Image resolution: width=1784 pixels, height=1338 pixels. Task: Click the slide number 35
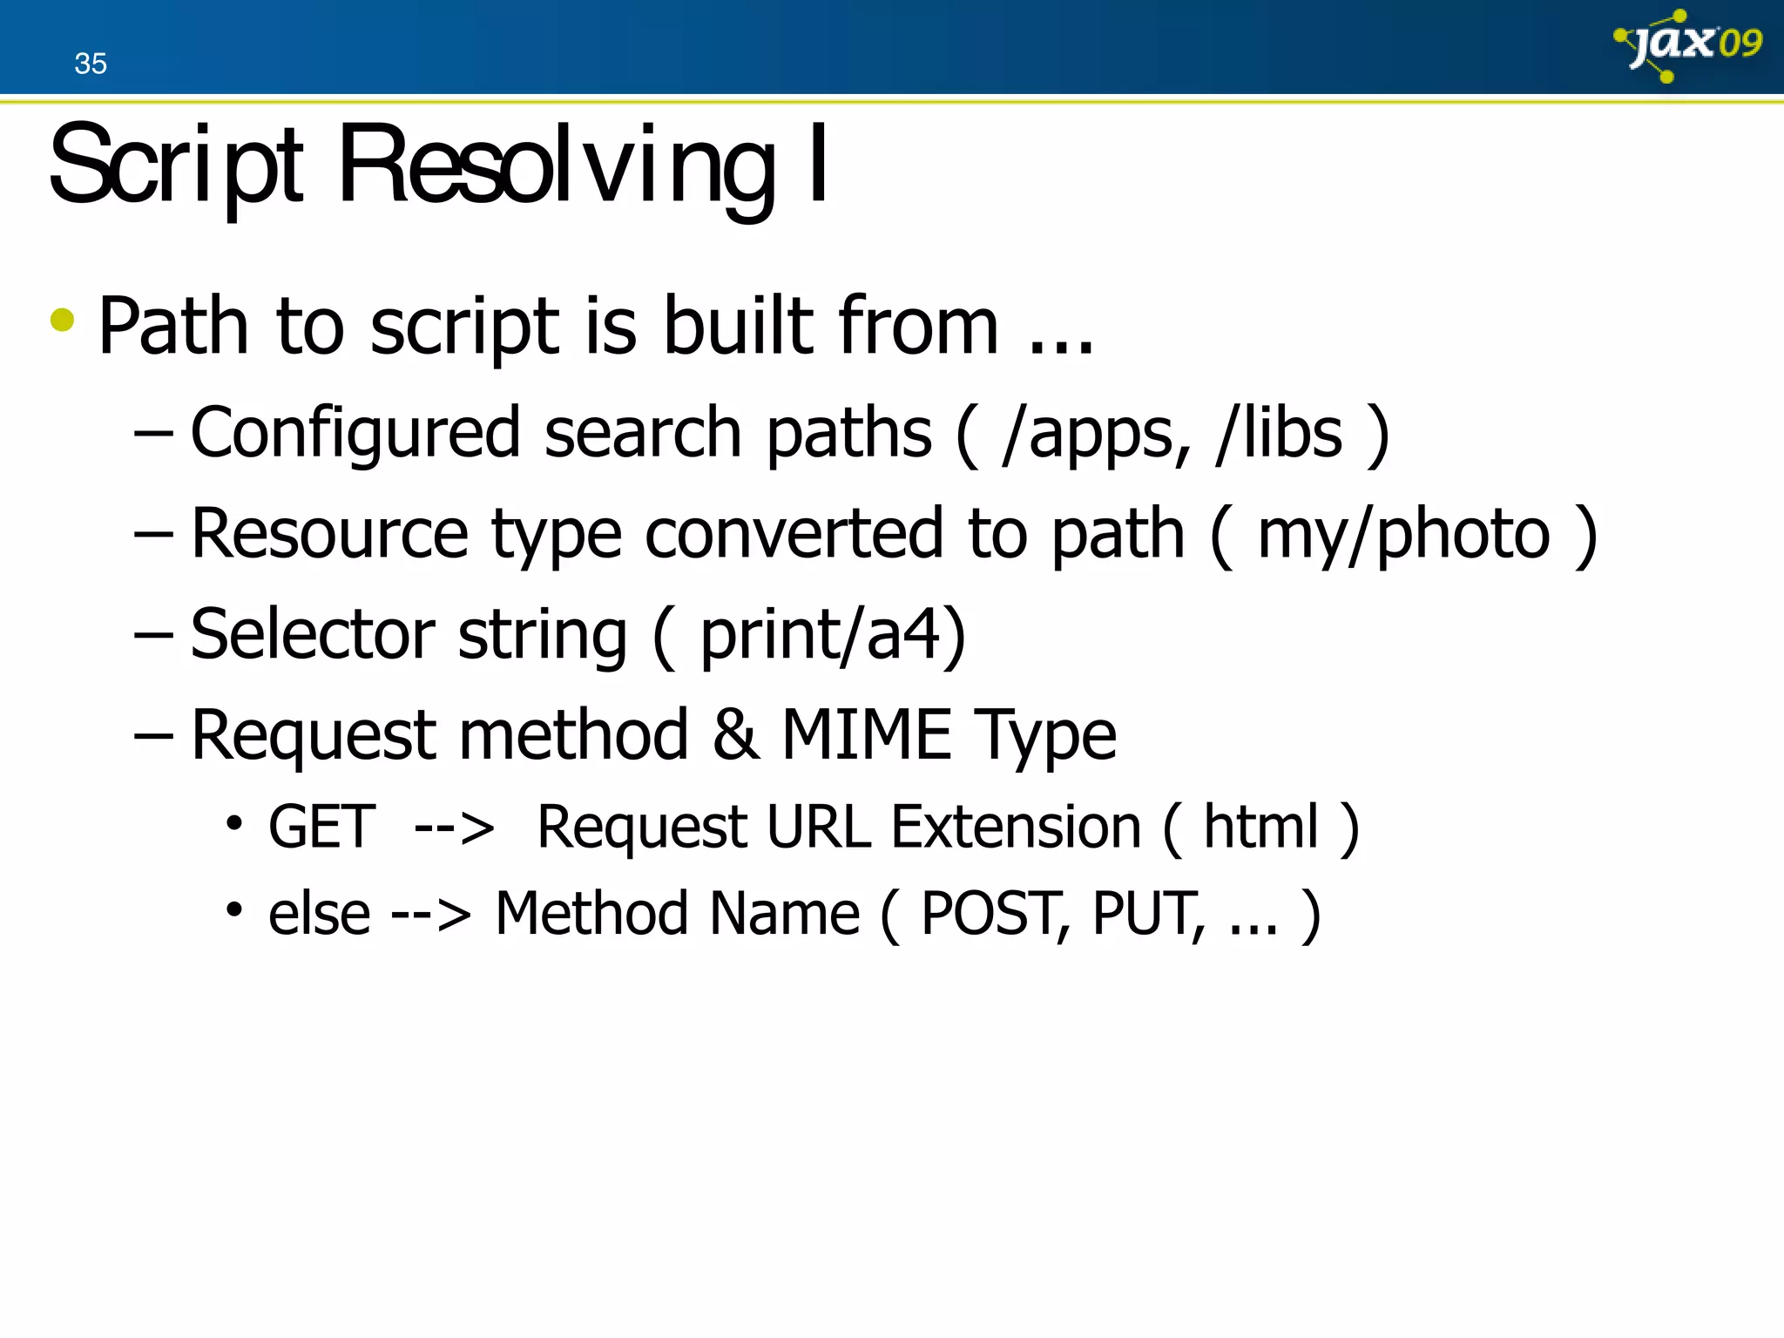click(91, 64)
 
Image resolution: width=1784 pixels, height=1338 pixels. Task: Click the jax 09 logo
click(1687, 45)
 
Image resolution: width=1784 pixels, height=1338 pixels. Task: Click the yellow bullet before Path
click(63, 320)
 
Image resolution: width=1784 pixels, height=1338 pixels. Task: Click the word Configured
click(355, 433)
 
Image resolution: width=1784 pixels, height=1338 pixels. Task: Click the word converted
click(794, 533)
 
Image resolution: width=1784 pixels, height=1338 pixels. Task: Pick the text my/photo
click(1403, 533)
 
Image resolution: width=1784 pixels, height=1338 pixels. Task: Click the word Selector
click(313, 634)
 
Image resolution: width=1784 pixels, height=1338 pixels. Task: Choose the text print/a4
click(820, 634)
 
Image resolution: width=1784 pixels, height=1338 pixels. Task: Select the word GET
click(322, 827)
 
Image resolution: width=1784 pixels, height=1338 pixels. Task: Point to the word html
click(1261, 827)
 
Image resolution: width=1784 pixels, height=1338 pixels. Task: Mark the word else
click(319, 914)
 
